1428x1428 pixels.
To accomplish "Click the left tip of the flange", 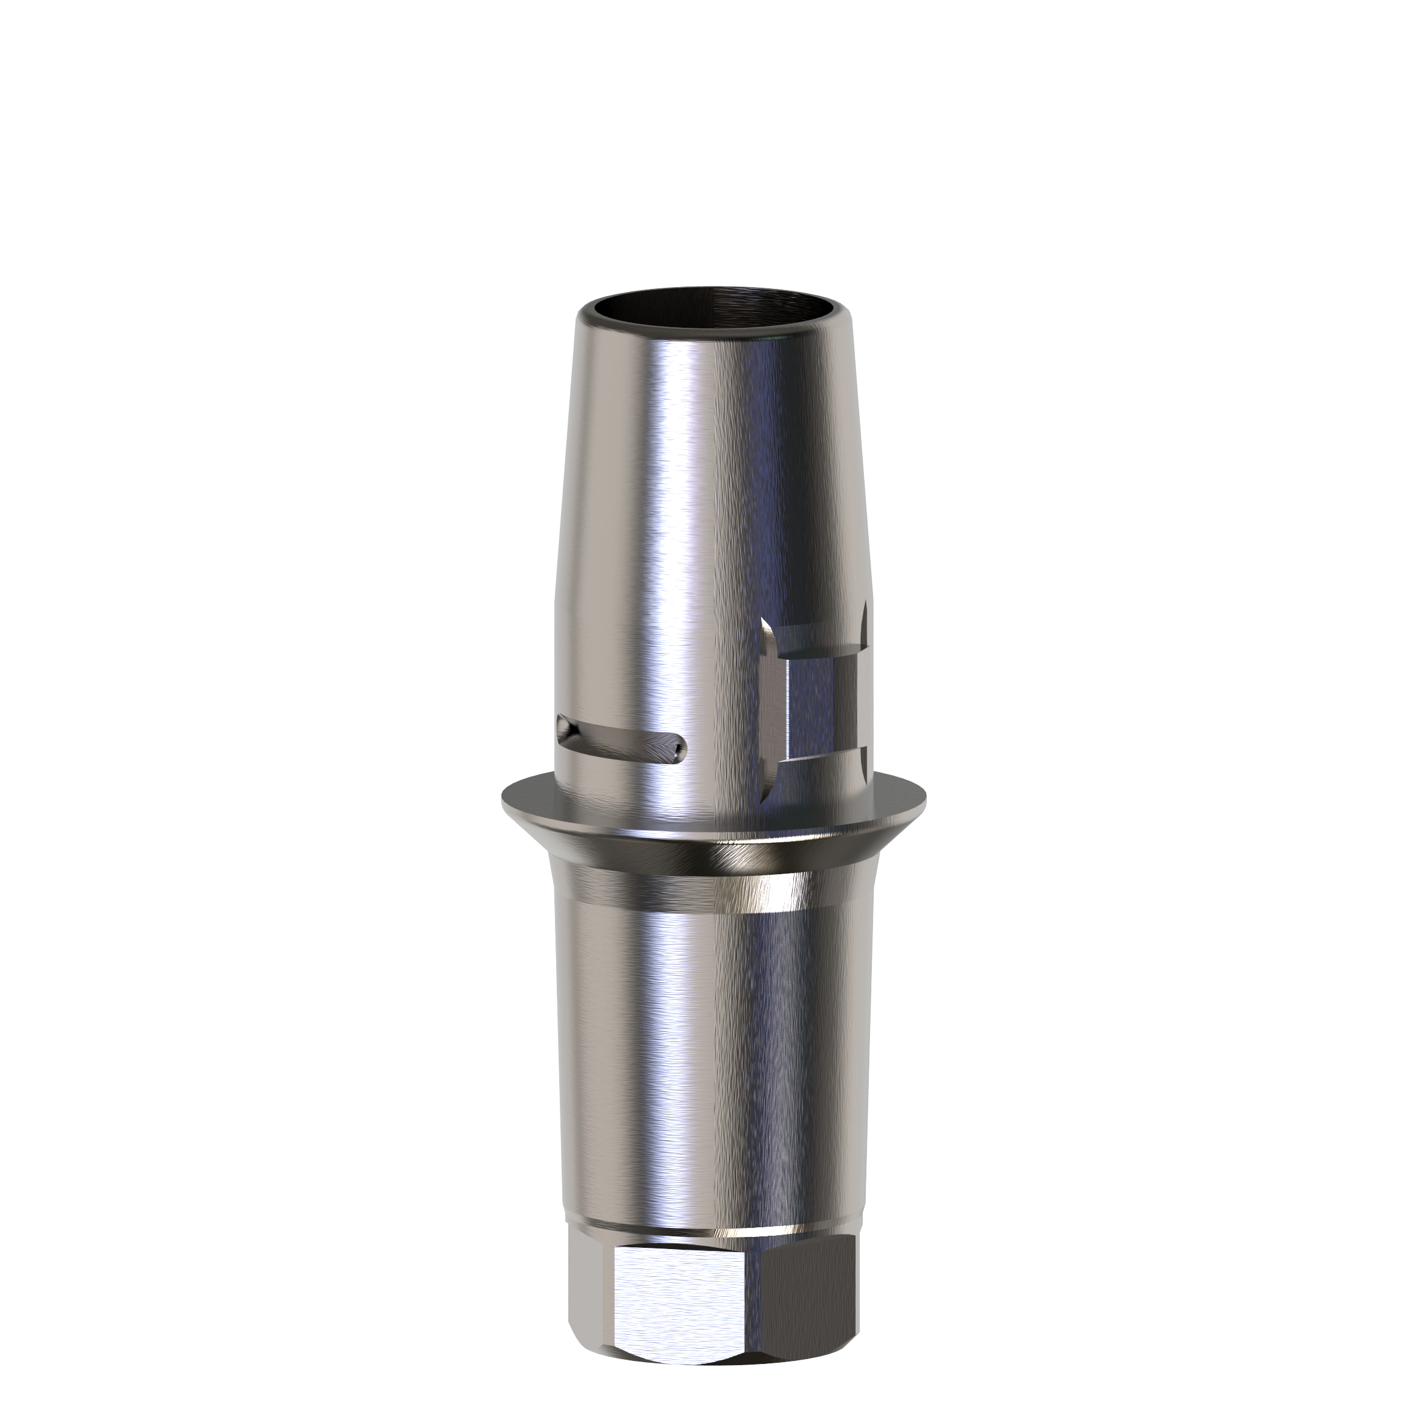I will click(504, 797).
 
